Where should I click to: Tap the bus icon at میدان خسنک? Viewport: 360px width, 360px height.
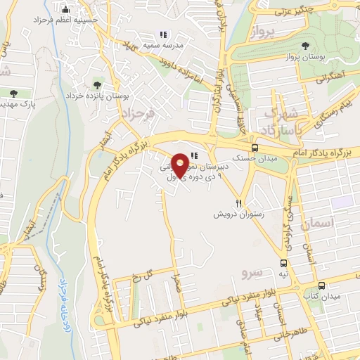coord(255,148)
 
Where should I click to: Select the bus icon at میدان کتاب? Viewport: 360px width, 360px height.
coord(321,285)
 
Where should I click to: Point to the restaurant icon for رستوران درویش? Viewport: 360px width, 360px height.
coord(239,203)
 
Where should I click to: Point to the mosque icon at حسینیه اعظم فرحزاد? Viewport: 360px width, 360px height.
coord(66,10)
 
